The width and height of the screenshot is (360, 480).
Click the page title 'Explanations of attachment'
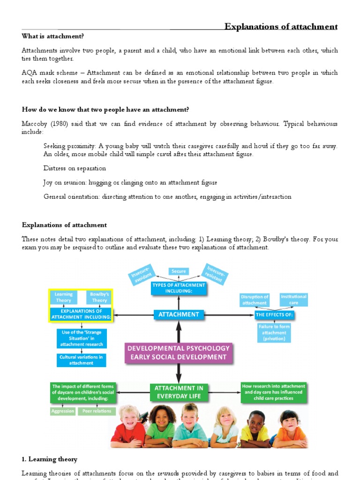(281, 26)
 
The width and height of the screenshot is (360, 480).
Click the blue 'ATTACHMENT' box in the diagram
(179, 315)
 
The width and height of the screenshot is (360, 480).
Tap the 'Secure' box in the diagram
(179, 271)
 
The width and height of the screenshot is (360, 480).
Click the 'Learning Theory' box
(63, 297)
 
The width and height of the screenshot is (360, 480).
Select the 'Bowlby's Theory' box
(99, 297)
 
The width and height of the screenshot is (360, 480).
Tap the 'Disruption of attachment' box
(255, 300)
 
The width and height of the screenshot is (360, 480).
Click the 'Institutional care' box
(293, 300)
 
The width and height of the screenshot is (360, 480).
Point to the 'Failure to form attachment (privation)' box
(274, 332)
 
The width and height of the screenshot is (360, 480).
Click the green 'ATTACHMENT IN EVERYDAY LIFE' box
(178, 392)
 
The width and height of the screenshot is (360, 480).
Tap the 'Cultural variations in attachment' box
(82, 360)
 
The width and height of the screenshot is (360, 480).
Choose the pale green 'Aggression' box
(63, 411)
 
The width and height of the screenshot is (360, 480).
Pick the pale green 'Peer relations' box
(97, 411)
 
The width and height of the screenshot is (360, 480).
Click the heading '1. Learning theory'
(50, 459)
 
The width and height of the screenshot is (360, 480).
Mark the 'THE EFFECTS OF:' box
(274, 315)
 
